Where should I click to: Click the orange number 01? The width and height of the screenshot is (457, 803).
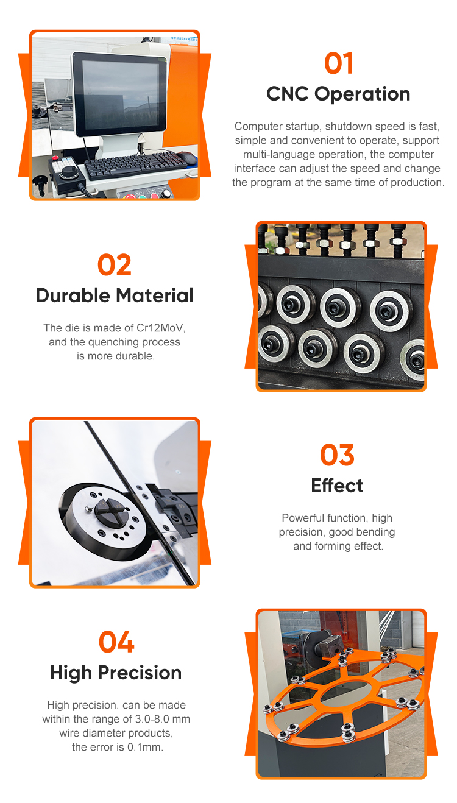[x=338, y=63]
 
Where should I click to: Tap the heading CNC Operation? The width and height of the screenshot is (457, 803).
[x=338, y=94]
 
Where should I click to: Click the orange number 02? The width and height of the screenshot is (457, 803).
[x=115, y=265]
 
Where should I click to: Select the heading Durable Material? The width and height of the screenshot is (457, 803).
[x=115, y=295]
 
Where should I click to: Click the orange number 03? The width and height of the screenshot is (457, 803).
[x=337, y=455]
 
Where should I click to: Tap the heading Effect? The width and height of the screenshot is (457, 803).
[x=337, y=486]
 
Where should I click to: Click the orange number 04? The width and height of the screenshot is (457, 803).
[x=116, y=642]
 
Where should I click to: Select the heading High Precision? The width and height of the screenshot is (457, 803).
[x=116, y=673]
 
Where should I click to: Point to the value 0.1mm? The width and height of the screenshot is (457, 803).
[x=144, y=747]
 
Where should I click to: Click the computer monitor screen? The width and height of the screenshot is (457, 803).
[x=121, y=94]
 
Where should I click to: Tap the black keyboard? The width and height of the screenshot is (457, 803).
[x=136, y=164]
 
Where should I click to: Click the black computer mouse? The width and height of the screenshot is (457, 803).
[x=187, y=158]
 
